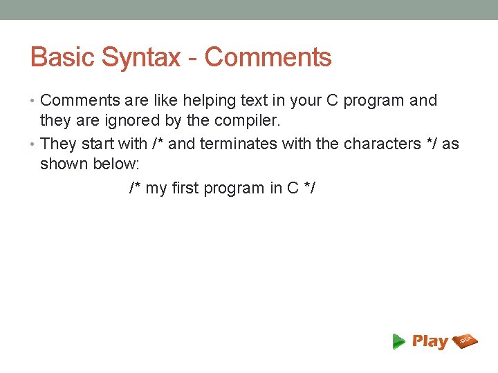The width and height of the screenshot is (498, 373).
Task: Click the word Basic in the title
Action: coord(63,57)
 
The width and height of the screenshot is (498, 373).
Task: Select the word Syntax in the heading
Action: coord(140,57)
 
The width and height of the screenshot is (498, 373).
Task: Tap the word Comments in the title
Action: coord(268,57)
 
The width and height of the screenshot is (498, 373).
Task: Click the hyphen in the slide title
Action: coord(193,58)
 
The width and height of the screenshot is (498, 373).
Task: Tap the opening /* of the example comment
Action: coord(136,188)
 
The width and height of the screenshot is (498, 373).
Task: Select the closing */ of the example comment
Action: coord(308,188)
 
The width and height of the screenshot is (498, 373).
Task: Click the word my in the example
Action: coord(156,189)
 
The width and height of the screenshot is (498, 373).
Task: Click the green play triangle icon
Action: coord(398,341)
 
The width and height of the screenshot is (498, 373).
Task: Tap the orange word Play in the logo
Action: coord(430,341)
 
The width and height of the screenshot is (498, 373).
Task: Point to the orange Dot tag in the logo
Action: coord(465,340)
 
